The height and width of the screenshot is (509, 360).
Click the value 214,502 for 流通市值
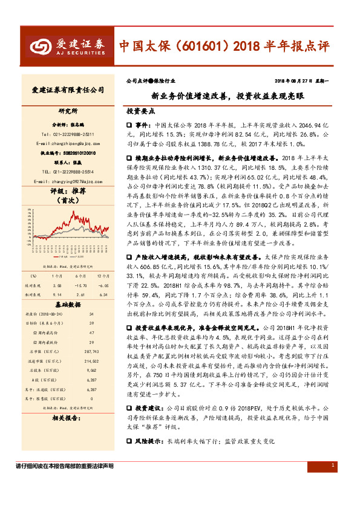pyautogui.click(x=91, y=361)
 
